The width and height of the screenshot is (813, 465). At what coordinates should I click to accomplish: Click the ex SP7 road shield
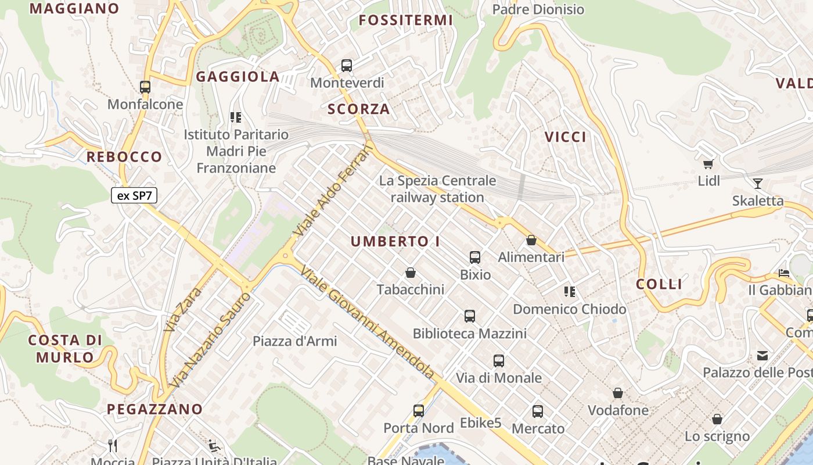134,195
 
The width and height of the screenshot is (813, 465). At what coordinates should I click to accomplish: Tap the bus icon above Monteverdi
347,66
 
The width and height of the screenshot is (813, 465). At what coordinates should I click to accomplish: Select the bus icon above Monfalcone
145,87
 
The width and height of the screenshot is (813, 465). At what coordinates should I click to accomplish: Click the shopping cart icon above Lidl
708,164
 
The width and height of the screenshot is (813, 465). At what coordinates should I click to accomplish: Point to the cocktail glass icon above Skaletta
757,184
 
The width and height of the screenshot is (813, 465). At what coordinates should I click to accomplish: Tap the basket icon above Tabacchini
411,273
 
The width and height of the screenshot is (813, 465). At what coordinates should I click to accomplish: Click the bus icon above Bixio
475,257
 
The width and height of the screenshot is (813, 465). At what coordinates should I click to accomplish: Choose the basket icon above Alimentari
531,240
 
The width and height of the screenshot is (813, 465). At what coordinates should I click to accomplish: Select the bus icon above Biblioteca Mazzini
470,316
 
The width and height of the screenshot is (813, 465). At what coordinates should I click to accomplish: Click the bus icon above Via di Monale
499,361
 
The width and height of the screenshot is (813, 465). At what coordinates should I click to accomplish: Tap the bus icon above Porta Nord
419,411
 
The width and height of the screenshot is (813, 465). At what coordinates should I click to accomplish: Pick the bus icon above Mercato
538,412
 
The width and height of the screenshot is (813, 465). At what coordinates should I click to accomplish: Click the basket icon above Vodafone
618,394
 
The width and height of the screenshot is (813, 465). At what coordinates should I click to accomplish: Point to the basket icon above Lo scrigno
717,419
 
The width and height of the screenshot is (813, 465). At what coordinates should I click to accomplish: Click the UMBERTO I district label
395,242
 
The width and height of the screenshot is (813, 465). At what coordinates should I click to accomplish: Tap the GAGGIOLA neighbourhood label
238,77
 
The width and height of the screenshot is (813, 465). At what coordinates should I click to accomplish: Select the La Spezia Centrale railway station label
437,189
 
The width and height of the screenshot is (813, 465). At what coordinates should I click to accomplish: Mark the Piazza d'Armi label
294,341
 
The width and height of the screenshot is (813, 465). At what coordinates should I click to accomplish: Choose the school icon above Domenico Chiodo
569,292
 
